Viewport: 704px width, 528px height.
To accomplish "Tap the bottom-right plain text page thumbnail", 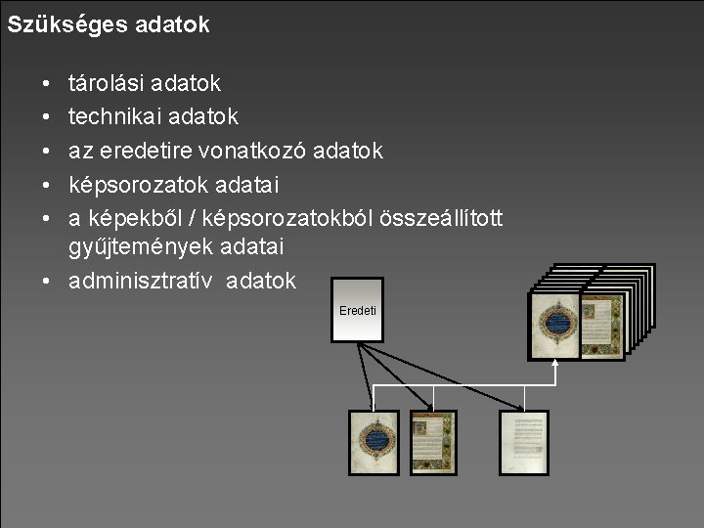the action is click(524, 443).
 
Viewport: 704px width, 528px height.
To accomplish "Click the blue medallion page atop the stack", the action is click(555, 325).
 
